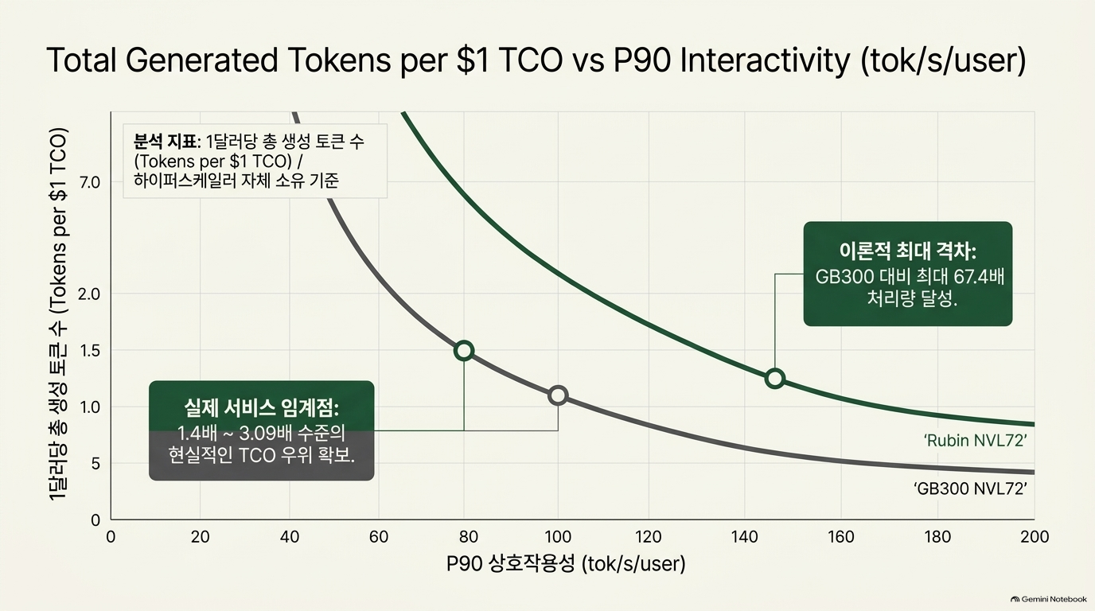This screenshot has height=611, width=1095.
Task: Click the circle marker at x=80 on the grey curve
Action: [464, 342]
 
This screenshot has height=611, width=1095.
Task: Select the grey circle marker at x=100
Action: [558, 387]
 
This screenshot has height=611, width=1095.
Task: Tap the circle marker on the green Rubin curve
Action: [775, 370]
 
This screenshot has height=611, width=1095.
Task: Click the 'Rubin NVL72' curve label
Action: [976, 441]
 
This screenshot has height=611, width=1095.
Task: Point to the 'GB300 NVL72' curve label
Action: [970, 488]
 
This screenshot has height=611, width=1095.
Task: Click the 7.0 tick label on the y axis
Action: [89, 183]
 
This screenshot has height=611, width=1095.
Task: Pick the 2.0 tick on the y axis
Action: [89, 294]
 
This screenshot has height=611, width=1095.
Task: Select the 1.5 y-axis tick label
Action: [89, 351]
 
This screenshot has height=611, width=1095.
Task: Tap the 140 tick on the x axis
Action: [745, 537]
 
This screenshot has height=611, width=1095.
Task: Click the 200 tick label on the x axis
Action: [1035, 537]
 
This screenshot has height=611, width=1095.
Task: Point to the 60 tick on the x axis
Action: [379, 537]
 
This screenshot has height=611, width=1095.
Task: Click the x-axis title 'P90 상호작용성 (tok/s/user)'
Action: [566, 564]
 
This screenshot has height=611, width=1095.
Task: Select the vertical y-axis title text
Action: [58, 314]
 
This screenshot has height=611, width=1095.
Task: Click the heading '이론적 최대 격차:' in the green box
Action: [908, 251]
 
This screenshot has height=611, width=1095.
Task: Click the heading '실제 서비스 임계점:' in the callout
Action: [262, 409]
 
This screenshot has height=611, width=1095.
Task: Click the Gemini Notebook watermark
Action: [1049, 599]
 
